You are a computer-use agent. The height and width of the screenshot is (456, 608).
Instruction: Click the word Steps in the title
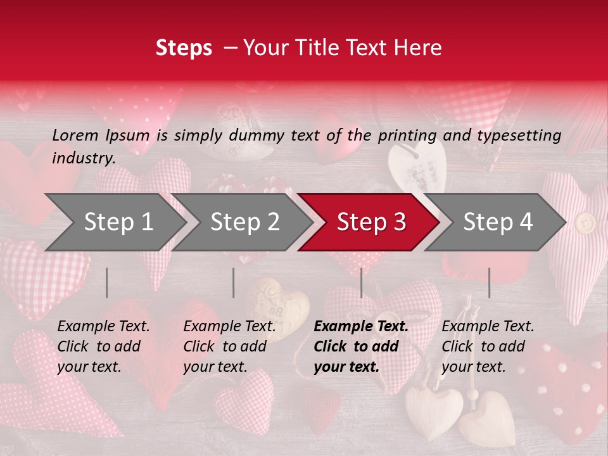tap(184, 47)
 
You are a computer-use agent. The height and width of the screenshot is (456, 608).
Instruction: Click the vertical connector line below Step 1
tap(107, 282)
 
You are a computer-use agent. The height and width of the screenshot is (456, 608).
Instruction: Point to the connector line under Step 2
tap(234, 282)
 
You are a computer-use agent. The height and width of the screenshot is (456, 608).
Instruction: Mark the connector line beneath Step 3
tap(362, 282)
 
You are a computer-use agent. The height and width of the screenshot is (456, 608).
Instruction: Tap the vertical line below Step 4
tap(489, 282)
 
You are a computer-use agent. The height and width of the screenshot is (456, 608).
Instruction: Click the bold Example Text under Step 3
tap(361, 327)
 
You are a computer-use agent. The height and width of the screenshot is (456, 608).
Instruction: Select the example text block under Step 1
tap(103, 346)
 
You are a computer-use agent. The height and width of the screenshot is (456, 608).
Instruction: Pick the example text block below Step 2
tap(229, 346)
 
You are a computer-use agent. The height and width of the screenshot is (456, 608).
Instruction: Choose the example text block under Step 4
tap(488, 346)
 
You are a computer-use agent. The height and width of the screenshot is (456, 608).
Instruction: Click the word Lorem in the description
tap(75, 135)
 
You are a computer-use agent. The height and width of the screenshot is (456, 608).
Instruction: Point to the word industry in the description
tap(84, 158)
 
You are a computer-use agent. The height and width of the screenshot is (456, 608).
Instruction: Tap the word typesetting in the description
tap(519, 136)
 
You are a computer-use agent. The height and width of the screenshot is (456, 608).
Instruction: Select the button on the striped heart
tap(585, 222)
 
